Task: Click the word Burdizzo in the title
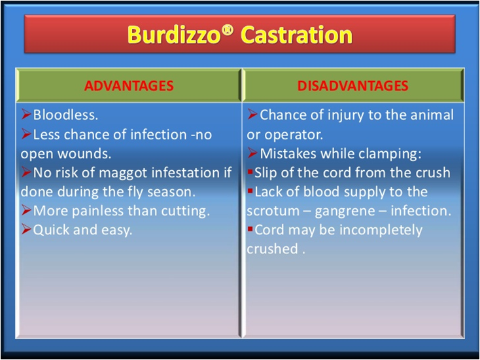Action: [x=174, y=35]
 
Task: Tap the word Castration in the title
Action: [x=296, y=35]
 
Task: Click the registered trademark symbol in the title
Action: [x=227, y=29]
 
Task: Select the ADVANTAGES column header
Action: [x=129, y=86]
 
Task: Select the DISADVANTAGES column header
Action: [x=352, y=86]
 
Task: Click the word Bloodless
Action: [x=65, y=115]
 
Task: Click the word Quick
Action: [x=51, y=230]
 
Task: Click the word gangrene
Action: [x=345, y=211]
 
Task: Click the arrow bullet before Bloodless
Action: [x=26, y=115]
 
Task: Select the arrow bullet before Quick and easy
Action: [x=26, y=229]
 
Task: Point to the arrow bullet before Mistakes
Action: [x=252, y=153]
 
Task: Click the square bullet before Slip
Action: [x=250, y=172]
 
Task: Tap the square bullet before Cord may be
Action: [x=250, y=229]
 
